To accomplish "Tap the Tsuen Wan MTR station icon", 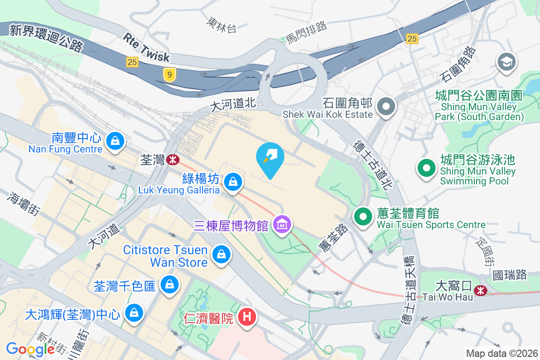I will coord(172,159).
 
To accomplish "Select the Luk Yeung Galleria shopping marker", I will coord(233,182).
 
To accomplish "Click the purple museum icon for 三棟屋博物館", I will coord(282,223).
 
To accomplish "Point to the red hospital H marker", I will coord(247,317).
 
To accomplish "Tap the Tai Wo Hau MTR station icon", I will coord(481,291).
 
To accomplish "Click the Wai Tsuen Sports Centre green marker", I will coord(363,216).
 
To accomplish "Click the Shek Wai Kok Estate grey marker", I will coord(386,107).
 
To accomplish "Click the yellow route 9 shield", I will coord(169,75).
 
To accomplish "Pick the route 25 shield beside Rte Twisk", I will coord(132,62).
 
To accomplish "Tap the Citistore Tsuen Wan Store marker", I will coord(221,254).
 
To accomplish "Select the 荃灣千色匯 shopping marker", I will coord(170,284).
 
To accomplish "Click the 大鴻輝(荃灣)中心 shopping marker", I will coord(134,313).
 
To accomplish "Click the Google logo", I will coord(31,349).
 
